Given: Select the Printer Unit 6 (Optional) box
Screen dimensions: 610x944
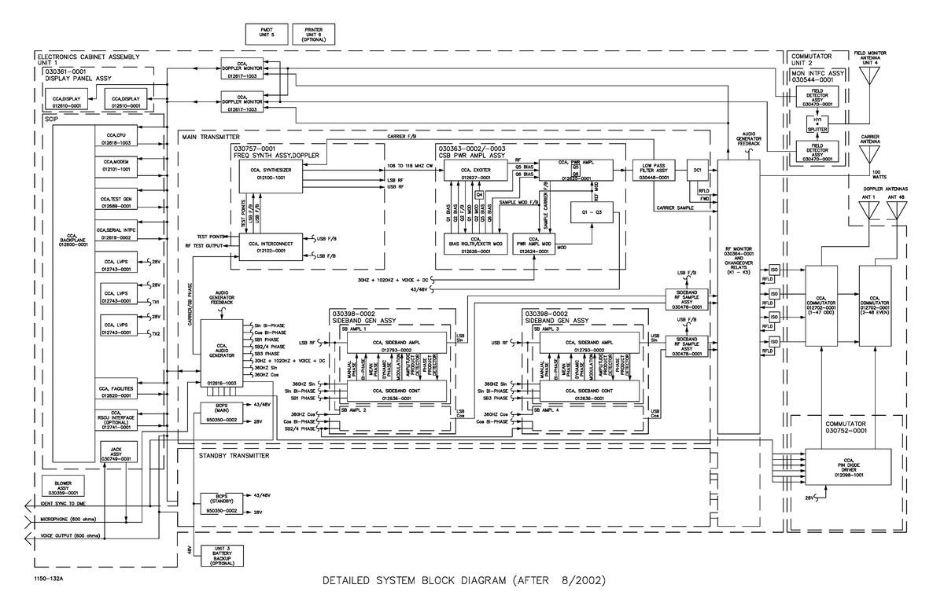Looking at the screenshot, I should [x=314, y=33].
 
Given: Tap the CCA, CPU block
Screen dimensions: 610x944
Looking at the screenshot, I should [x=119, y=139].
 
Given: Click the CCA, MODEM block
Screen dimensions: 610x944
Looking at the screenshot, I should [x=119, y=165].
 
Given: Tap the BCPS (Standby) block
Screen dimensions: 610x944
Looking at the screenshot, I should [x=221, y=503].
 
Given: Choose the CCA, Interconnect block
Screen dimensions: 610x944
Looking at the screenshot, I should [x=271, y=246].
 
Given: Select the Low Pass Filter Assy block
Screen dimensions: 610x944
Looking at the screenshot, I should [x=654, y=171].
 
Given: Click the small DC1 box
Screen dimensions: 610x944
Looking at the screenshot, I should [x=698, y=170].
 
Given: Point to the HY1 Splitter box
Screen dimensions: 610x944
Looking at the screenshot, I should [x=817, y=124].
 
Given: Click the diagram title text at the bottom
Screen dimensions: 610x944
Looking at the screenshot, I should [x=465, y=582].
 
